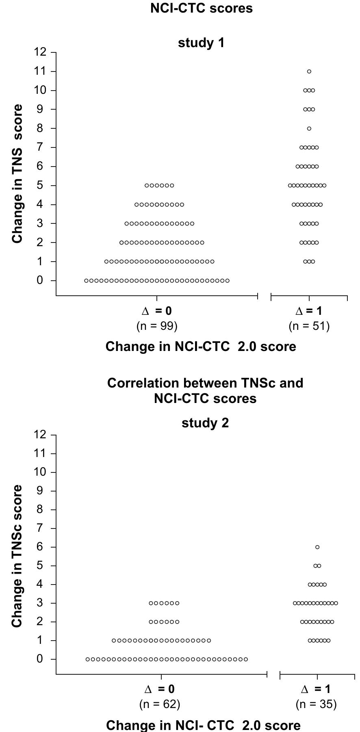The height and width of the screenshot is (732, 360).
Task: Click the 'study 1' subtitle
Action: click(201, 43)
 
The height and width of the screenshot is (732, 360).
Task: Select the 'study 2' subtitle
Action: click(205, 423)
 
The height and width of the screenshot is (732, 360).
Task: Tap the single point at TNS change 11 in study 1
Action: click(309, 71)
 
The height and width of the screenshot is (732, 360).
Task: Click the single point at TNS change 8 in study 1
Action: click(309, 128)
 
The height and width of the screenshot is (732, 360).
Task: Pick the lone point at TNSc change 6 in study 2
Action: click(317, 547)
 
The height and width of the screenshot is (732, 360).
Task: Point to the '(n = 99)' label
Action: click(157, 326)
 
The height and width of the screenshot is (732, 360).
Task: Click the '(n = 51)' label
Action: click(309, 326)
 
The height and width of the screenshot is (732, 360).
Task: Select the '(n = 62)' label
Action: click(160, 704)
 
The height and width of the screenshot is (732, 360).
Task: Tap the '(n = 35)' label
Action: click(316, 704)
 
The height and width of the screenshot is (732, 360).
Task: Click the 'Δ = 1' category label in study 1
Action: click(309, 311)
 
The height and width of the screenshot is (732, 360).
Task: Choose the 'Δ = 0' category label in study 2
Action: click(160, 689)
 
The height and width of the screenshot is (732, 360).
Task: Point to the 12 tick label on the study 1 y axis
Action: click(40, 52)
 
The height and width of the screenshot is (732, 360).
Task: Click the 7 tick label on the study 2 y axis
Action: click(40, 528)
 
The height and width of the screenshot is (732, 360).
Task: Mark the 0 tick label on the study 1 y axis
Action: click(40, 280)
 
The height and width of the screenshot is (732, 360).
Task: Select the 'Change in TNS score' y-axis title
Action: click(17, 173)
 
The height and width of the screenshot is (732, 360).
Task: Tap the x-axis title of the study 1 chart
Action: click(201, 347)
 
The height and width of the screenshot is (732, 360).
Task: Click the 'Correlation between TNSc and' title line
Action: click(205, 383)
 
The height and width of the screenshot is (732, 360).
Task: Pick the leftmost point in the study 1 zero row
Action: click(87, 281)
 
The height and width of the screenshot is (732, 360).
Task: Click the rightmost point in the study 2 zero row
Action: click(245, 659)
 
